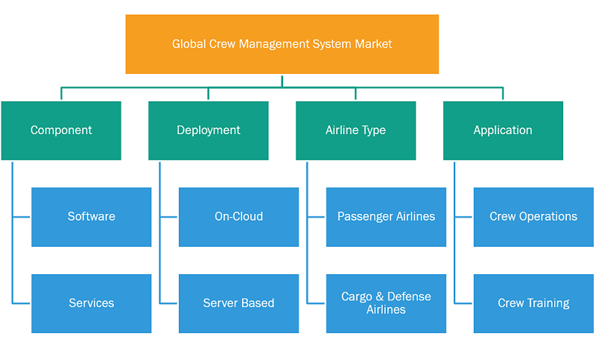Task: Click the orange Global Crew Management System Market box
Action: click(x=282, y=44)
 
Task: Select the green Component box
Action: click(x=61, y=130)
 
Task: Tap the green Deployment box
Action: click(x=209, y=130)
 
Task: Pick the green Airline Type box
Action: click(x=356, y=130)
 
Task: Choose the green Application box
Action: click(x=503, y=130)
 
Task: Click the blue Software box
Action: click(x=91, y=217)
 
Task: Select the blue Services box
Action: click(x=91, y=304)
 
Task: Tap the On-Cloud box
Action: click(x=238, y=217)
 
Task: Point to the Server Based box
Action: click(x=238, y=304)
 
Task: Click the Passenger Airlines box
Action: click(x=386, y=217)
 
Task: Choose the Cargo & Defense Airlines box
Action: click(x=386, y=304)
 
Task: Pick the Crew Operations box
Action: click(x=533, y=217)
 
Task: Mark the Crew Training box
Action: click(x=533, y=304)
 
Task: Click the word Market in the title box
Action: click(x=373, y=44)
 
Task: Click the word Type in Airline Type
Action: click(x=373, y=130)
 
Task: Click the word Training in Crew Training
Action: click(x=548, y=303)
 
